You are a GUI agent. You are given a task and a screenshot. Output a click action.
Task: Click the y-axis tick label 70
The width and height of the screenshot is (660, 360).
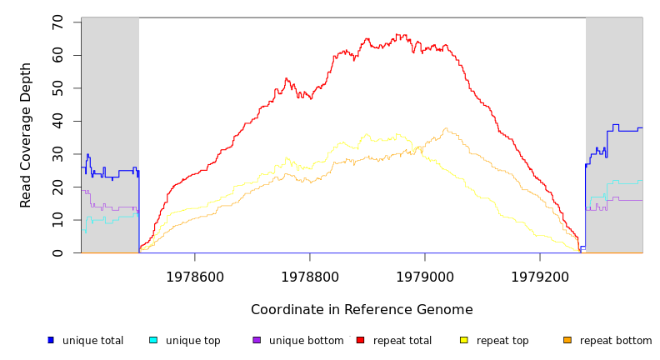click(x=57, y=22)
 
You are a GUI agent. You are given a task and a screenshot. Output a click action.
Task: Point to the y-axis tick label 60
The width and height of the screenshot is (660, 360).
click(x=57, y=55)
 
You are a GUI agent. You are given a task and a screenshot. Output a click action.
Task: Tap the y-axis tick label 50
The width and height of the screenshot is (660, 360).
click(x=57, y=88)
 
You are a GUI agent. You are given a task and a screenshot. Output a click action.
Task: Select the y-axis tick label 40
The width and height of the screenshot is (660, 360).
click(x=57, y=121)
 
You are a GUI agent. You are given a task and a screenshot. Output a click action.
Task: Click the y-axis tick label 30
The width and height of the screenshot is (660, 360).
click(x=57, y=154)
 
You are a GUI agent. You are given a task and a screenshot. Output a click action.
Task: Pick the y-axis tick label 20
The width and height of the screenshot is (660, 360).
click(x=57, y=187)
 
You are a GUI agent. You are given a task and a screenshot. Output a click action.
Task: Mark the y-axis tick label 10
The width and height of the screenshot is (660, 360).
click(x=57, y=220)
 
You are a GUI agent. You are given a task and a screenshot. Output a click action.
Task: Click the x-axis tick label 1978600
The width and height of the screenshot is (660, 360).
click(x=195, y=277)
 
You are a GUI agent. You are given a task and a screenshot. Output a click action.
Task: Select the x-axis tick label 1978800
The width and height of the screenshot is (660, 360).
click(x=310, y=277)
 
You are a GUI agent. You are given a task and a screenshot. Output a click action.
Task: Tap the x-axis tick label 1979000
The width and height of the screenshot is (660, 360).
click(x=425, y=277)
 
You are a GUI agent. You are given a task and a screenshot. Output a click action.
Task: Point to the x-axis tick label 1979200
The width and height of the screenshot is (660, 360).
click(x=540, y=277)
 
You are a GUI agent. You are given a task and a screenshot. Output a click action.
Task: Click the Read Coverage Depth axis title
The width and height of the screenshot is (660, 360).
click(x=27, y=135)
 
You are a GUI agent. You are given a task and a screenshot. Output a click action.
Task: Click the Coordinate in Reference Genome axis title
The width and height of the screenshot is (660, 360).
click(x=362, y=310)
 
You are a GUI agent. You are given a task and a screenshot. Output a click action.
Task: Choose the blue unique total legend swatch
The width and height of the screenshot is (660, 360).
click(x=51, y=340)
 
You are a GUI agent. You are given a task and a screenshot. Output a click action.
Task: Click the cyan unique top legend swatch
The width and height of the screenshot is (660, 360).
click(x=153, y=340)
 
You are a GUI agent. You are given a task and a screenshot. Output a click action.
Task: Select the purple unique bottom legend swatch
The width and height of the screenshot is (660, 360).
click(x=257, y=340)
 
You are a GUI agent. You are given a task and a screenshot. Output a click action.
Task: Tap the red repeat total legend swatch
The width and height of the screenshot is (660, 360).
click(x=360, y=340)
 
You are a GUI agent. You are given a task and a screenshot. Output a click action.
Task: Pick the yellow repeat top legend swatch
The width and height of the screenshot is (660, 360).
click(x=464, y=340)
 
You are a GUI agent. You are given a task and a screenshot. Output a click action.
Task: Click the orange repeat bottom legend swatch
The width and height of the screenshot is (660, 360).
click(x=567, y=340)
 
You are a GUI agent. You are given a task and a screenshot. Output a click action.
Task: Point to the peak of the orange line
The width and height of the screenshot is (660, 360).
click(x=447, y=128)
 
